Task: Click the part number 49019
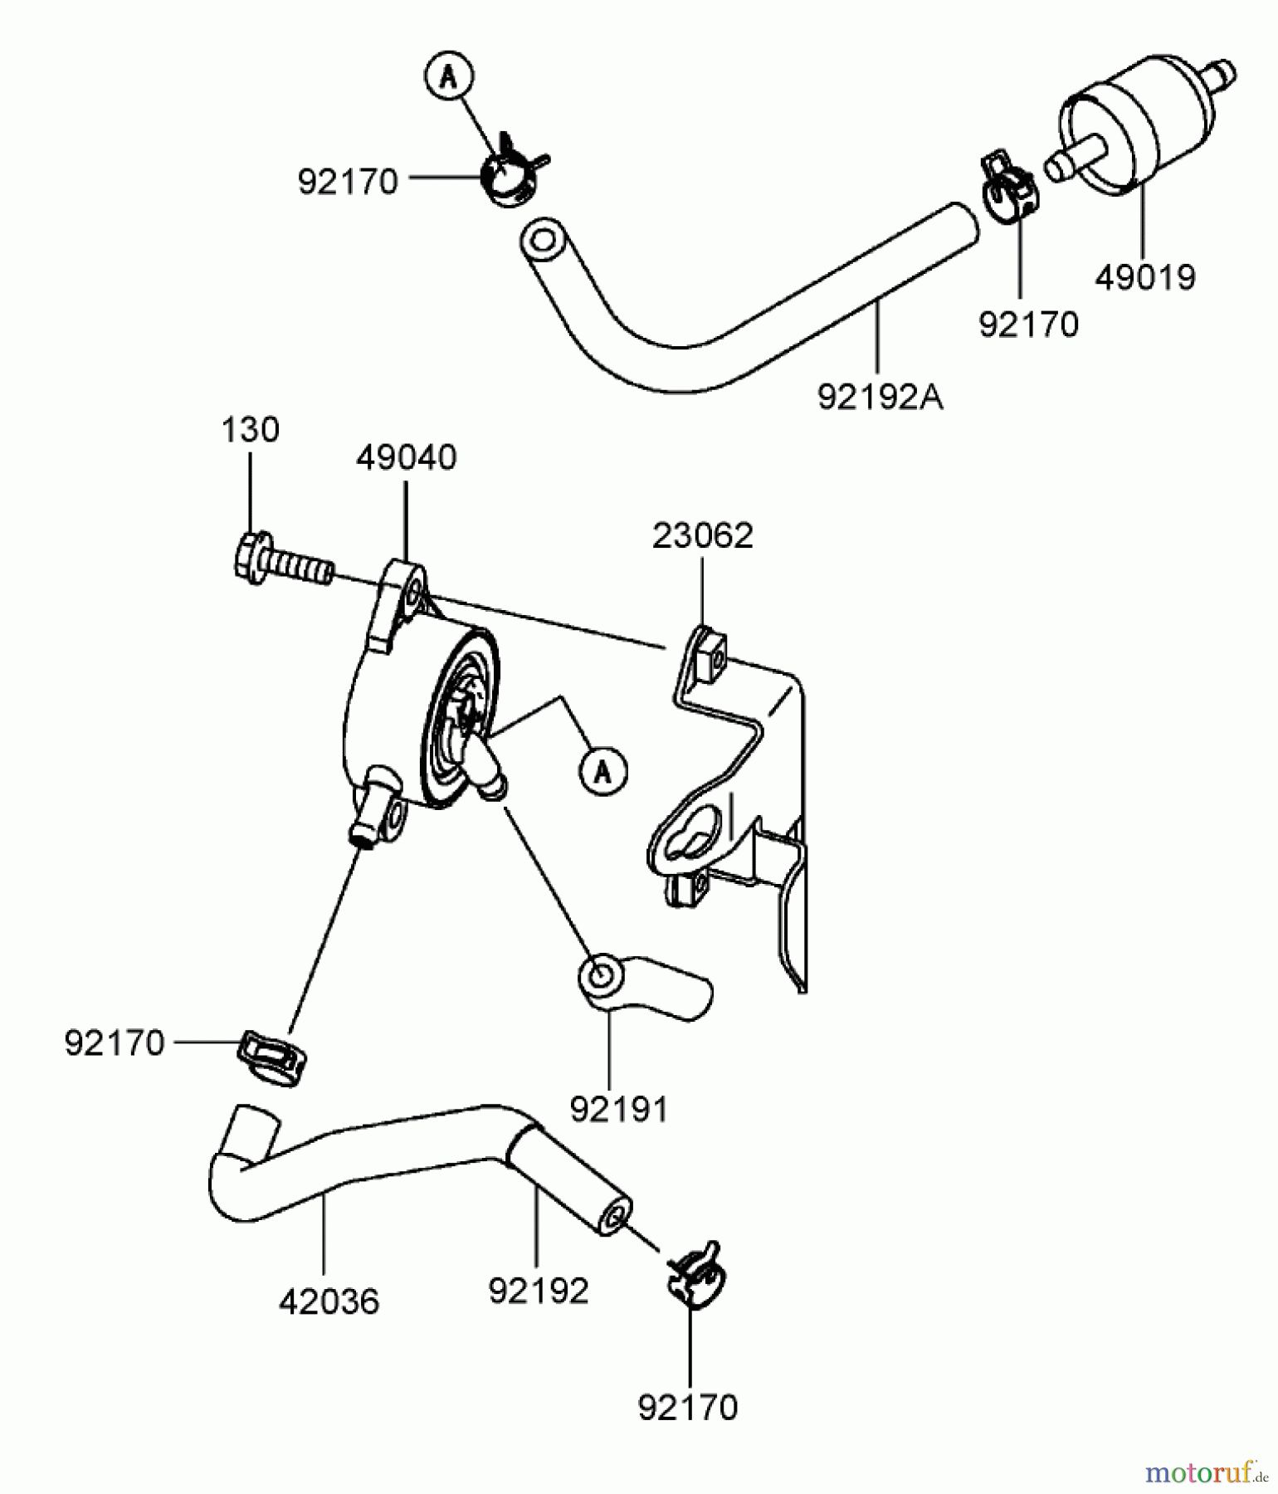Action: point(1144,277)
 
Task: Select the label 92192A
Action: point(880,397)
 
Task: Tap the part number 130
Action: point(250,430)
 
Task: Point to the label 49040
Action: point(406,457)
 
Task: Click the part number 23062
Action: point(702,535)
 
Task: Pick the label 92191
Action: point(619,1109)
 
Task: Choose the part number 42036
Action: point(329,1301)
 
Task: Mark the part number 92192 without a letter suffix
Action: point(539,1291)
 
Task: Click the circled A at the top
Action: point(449,76)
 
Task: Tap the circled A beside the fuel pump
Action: point(603,772)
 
